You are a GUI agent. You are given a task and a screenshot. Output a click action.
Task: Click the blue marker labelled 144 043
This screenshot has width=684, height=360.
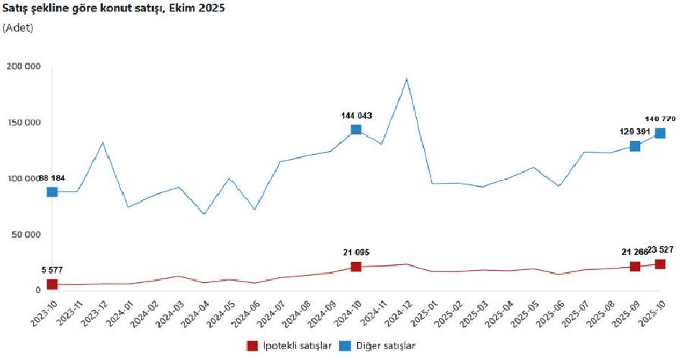[356, 130]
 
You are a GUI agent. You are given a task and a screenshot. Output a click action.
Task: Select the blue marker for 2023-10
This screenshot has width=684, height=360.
[52, 192]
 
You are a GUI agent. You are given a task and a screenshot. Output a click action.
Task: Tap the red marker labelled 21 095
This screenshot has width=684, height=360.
[356, 266]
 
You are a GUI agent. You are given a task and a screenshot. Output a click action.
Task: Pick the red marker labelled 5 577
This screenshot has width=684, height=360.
[52, 284]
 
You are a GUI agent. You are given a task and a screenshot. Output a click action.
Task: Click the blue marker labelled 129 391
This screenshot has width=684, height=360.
[635, 146]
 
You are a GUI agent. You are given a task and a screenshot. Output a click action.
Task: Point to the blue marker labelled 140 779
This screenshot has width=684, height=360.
[660, 133]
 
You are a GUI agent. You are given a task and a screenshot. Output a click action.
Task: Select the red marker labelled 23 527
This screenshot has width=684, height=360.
[660, 264]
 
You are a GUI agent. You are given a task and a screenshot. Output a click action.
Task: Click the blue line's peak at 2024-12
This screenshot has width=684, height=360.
[407, 78]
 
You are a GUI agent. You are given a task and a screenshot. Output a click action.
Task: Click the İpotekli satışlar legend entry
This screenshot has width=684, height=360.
[289, 346]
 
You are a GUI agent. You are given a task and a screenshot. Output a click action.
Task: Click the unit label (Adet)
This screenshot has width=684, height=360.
[18, 27]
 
